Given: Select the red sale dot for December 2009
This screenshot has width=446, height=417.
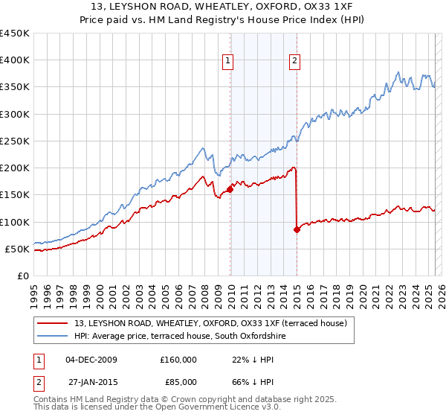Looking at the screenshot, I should (x=230, y=189).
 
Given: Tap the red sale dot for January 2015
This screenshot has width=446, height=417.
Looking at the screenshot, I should (x=297, y=229).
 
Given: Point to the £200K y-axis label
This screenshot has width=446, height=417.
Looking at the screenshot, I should (x=15, y=168).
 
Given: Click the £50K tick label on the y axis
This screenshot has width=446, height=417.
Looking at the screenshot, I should (x=18, y=249).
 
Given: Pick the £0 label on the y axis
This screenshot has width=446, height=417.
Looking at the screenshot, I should (x=25, y=276).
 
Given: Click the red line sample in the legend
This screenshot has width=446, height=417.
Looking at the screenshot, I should (x=51, y=323).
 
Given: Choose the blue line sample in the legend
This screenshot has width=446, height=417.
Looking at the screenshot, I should (x=51, y=337).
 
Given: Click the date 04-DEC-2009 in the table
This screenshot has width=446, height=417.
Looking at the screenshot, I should (x=91, y=359).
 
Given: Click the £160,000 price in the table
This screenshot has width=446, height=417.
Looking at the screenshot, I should (x=178, y=359).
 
